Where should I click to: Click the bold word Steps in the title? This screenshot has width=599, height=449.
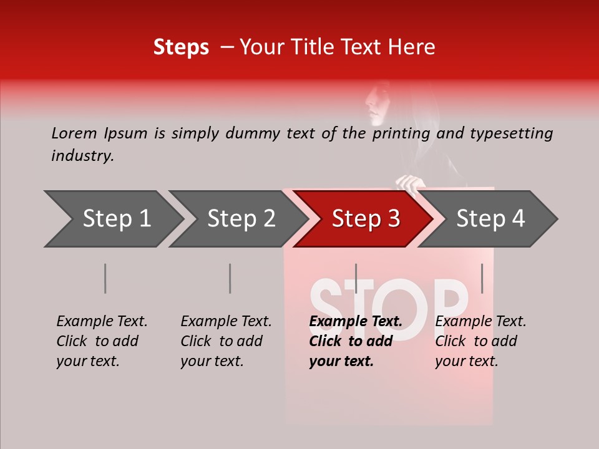pyautogui.click(x=181, y=47)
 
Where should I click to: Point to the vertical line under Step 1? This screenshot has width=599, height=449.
pyautogui.click(x=105, y=278)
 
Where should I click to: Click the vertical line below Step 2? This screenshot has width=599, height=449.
pyautogui.click(x=230, y=278)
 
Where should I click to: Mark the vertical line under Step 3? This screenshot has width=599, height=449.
pyautogui.click(x=356, y=278)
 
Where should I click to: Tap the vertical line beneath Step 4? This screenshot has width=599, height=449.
pyautogui.click(x=482, y=278)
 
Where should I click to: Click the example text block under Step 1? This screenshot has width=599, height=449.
pyautogui.click(x=102, y=341)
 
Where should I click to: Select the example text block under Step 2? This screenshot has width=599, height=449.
pyautogui.click(x=226, y=341)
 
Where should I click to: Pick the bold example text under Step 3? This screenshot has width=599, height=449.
pyautogui.click(x=355, y=341)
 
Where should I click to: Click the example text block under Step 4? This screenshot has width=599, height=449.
pyautogui.click(x=480, y=341)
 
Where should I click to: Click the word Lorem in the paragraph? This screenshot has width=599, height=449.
pyautogui.click(x=74, y=133)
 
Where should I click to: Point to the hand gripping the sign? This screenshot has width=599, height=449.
pyautogui.click(x=410, y=183)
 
